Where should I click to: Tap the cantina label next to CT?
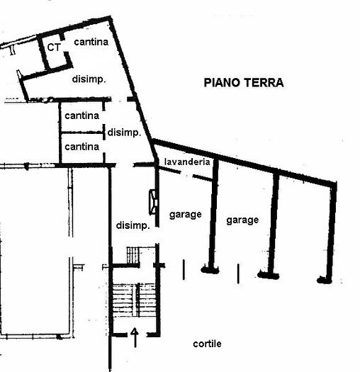(91, 43)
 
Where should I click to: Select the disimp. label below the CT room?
(89, 79)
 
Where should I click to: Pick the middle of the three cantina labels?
(81, 115)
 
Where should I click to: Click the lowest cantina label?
(81, 147)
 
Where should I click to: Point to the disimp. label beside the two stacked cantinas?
(124, 132)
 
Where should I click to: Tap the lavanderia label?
(186, 162)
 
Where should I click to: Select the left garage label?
(186, 213)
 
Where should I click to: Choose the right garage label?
(242, 220)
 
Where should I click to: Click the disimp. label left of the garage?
(132, 226)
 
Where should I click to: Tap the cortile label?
(207, 344)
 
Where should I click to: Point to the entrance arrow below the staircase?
(135, 338)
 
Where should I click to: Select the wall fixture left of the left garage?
(152, 201)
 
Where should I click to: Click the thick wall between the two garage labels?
(212, 216)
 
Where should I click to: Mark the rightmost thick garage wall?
(330, 230)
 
